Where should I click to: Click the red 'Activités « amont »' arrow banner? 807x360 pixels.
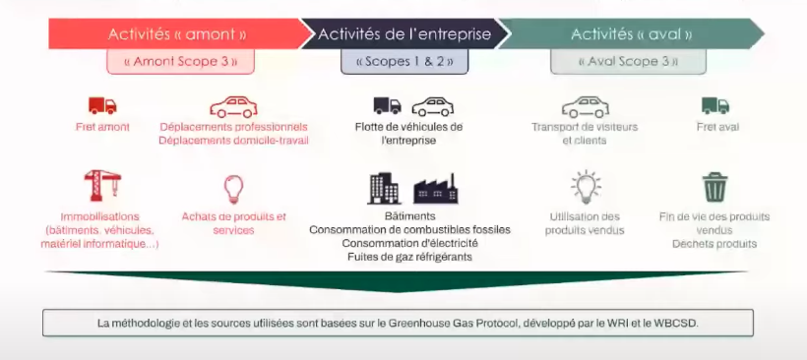(x=177, y=34)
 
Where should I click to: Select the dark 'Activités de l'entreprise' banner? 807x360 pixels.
(x=404, y=34)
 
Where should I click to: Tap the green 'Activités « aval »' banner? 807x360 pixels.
(x=631, y=34)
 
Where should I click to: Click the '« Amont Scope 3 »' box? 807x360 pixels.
(x=181, y=62)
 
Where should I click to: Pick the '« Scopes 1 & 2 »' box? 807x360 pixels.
(x=404, y=62)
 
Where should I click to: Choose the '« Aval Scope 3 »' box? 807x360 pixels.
(x=628, y=62)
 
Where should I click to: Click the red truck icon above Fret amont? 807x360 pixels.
(x=102, y=105)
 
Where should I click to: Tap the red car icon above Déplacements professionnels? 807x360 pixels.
(x=233, y=106)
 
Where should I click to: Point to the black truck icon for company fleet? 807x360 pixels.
(x=387, y=105)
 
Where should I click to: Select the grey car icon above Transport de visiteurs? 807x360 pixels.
(x=586, y=106)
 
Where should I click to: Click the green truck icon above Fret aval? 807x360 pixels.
(x=715, y=105)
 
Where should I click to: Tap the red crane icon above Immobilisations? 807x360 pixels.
(x=102, y=185)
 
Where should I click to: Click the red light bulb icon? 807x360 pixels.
(x=233, y=189)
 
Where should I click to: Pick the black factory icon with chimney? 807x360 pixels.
(x=435, y=189)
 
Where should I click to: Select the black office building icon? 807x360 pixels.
(x=384, y=188)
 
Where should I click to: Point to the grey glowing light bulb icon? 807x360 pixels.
(x=586, y=187)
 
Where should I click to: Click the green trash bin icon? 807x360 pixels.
(x=715, y=187)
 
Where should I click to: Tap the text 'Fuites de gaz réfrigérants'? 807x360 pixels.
(x=409, y=256)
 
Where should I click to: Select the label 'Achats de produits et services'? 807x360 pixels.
(x=233, y=223)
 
